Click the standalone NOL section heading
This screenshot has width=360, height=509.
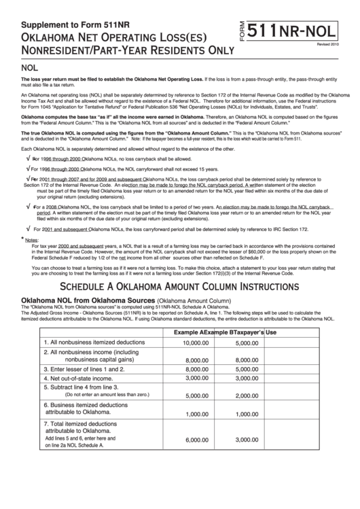click(30, 69)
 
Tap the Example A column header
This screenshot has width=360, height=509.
click(193, 333)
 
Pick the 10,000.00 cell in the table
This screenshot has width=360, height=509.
click(196, 343)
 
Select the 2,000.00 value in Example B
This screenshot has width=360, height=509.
click(247, 396)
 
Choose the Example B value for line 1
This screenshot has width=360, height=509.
click(247, 343)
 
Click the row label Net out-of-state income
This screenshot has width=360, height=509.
click(78, 377)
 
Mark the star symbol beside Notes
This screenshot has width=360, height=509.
click(20, 239)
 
